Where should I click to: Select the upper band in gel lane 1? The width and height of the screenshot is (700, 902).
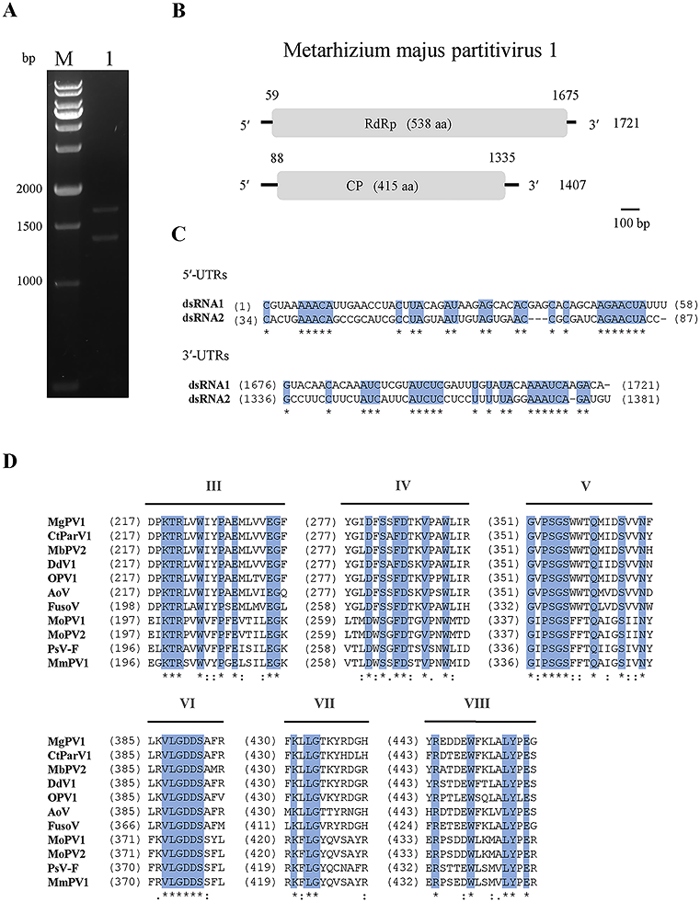coord(113,211)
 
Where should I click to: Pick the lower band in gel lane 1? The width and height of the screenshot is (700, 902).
coord(113,238)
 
